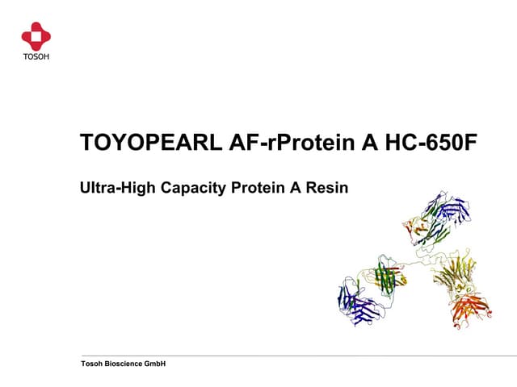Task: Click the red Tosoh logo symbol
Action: coord(36,35)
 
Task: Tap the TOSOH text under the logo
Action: coord(36,56)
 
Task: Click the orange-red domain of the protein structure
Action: coord(469,310)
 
